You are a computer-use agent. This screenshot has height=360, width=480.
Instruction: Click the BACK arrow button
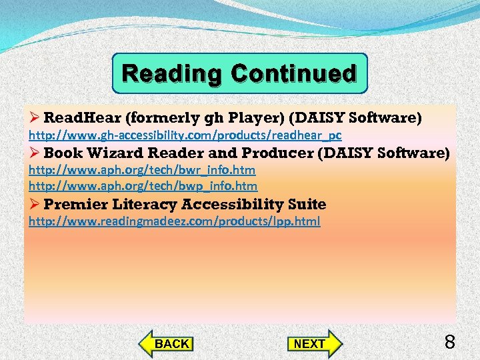coord(167,344)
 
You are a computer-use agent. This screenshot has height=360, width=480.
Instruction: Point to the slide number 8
coord(449,343)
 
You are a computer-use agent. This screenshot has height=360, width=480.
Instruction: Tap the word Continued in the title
coord(294,74)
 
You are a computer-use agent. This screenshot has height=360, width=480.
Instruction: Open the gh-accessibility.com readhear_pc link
coord(185,135)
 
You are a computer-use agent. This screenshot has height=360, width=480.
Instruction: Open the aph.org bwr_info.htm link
coord(141,170)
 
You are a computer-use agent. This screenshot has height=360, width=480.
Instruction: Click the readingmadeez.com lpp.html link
coord(174,221)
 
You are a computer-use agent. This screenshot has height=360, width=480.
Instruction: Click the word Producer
coord(276,153)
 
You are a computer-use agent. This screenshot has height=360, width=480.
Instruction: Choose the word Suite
coord(307,204)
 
